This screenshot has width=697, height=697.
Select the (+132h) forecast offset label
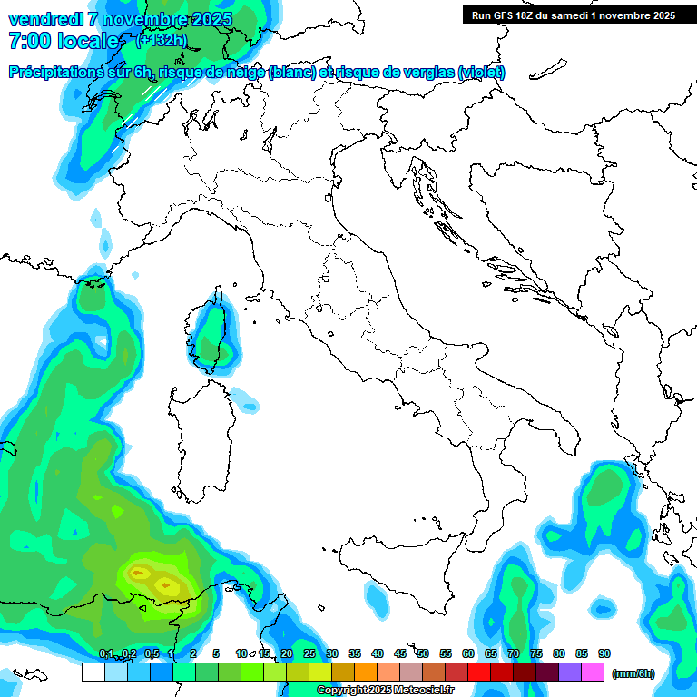click(162, 40)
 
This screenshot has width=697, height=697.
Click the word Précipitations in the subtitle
click(60, 73)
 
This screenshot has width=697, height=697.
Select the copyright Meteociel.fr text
click(386, 691)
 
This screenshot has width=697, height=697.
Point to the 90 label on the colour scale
click(604, 653)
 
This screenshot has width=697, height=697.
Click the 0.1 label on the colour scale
click(106, 653)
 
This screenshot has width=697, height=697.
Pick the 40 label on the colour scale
click(378, 653)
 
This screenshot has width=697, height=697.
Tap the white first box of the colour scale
click(93, 672)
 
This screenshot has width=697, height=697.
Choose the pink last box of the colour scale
click(593, 672)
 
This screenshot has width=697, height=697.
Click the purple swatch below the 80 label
click(570, 672)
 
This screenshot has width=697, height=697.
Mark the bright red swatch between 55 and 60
click(456, 672)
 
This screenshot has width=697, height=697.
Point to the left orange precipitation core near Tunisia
click(139, 573)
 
